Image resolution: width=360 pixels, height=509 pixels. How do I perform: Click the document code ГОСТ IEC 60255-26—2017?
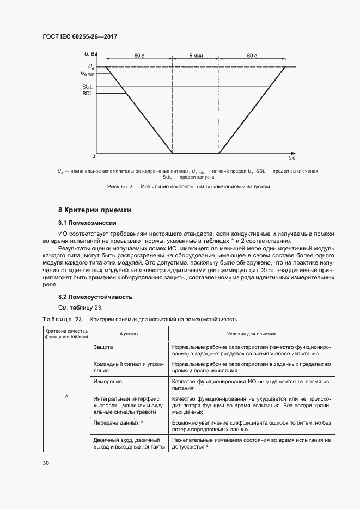click(x=80, y=36)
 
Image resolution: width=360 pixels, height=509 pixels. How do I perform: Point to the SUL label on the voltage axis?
click(x=87, y=87)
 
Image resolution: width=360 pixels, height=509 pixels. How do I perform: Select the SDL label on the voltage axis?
click(x=87, y=94)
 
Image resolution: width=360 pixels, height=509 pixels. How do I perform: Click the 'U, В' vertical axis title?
click(x=90, y=53)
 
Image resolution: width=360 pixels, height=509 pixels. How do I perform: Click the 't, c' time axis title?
click(x=292, y=157)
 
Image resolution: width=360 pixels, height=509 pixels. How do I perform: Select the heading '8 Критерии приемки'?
click(x=95, y=210)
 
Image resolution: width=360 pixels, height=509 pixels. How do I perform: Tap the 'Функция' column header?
click(x=129, y=334)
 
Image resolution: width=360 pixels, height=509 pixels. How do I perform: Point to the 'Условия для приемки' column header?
click(x=251, y=334)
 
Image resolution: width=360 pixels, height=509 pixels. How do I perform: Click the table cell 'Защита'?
click(x=103, y=347)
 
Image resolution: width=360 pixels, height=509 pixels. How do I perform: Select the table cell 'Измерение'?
click(x=107, y=382)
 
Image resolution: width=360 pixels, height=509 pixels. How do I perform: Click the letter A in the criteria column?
click(x=66, y=397)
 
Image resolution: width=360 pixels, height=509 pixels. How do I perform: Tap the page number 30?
click(x=45, y=463)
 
